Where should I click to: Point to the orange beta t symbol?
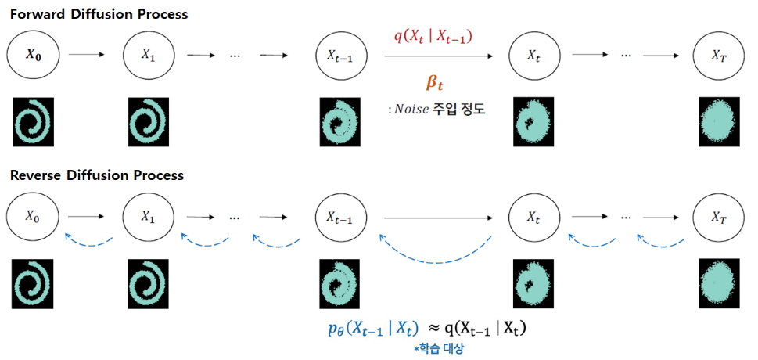click(x=434, y=83)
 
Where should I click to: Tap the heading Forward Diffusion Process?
click(x=99, y=14)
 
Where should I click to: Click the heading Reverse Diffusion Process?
click(x=97, y=175)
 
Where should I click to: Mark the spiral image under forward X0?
click(x=33, y=121)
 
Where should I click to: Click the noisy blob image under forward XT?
click(x=720, y=121)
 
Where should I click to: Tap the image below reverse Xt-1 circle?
click(x=339, y=283)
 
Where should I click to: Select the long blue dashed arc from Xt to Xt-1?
click(x=436, y=263)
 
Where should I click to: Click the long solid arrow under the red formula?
click(x=439, y=56)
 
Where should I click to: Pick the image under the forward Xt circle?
click(x=533, y=121)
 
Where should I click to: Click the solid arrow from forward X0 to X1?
click(x=87, y=54)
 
